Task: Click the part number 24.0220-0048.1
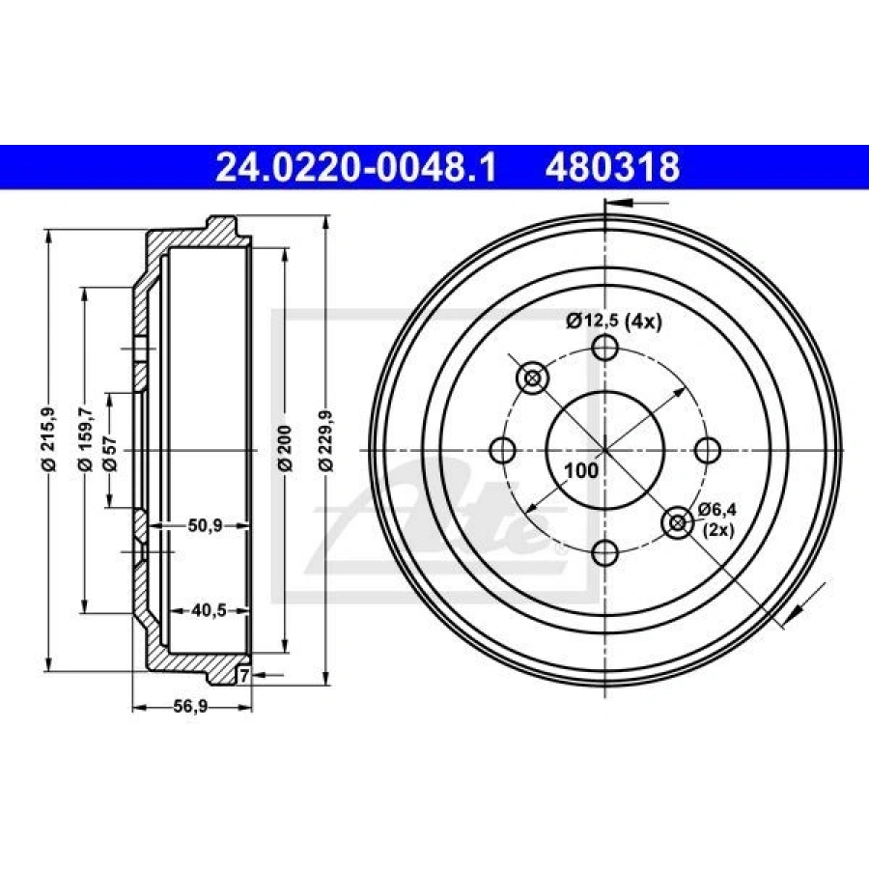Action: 355,167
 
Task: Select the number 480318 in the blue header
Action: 612,167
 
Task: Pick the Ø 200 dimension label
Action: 285,448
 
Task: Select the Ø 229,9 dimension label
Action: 326,440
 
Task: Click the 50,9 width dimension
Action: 205,525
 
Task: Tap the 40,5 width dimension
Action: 209,611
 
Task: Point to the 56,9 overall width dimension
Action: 190,707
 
